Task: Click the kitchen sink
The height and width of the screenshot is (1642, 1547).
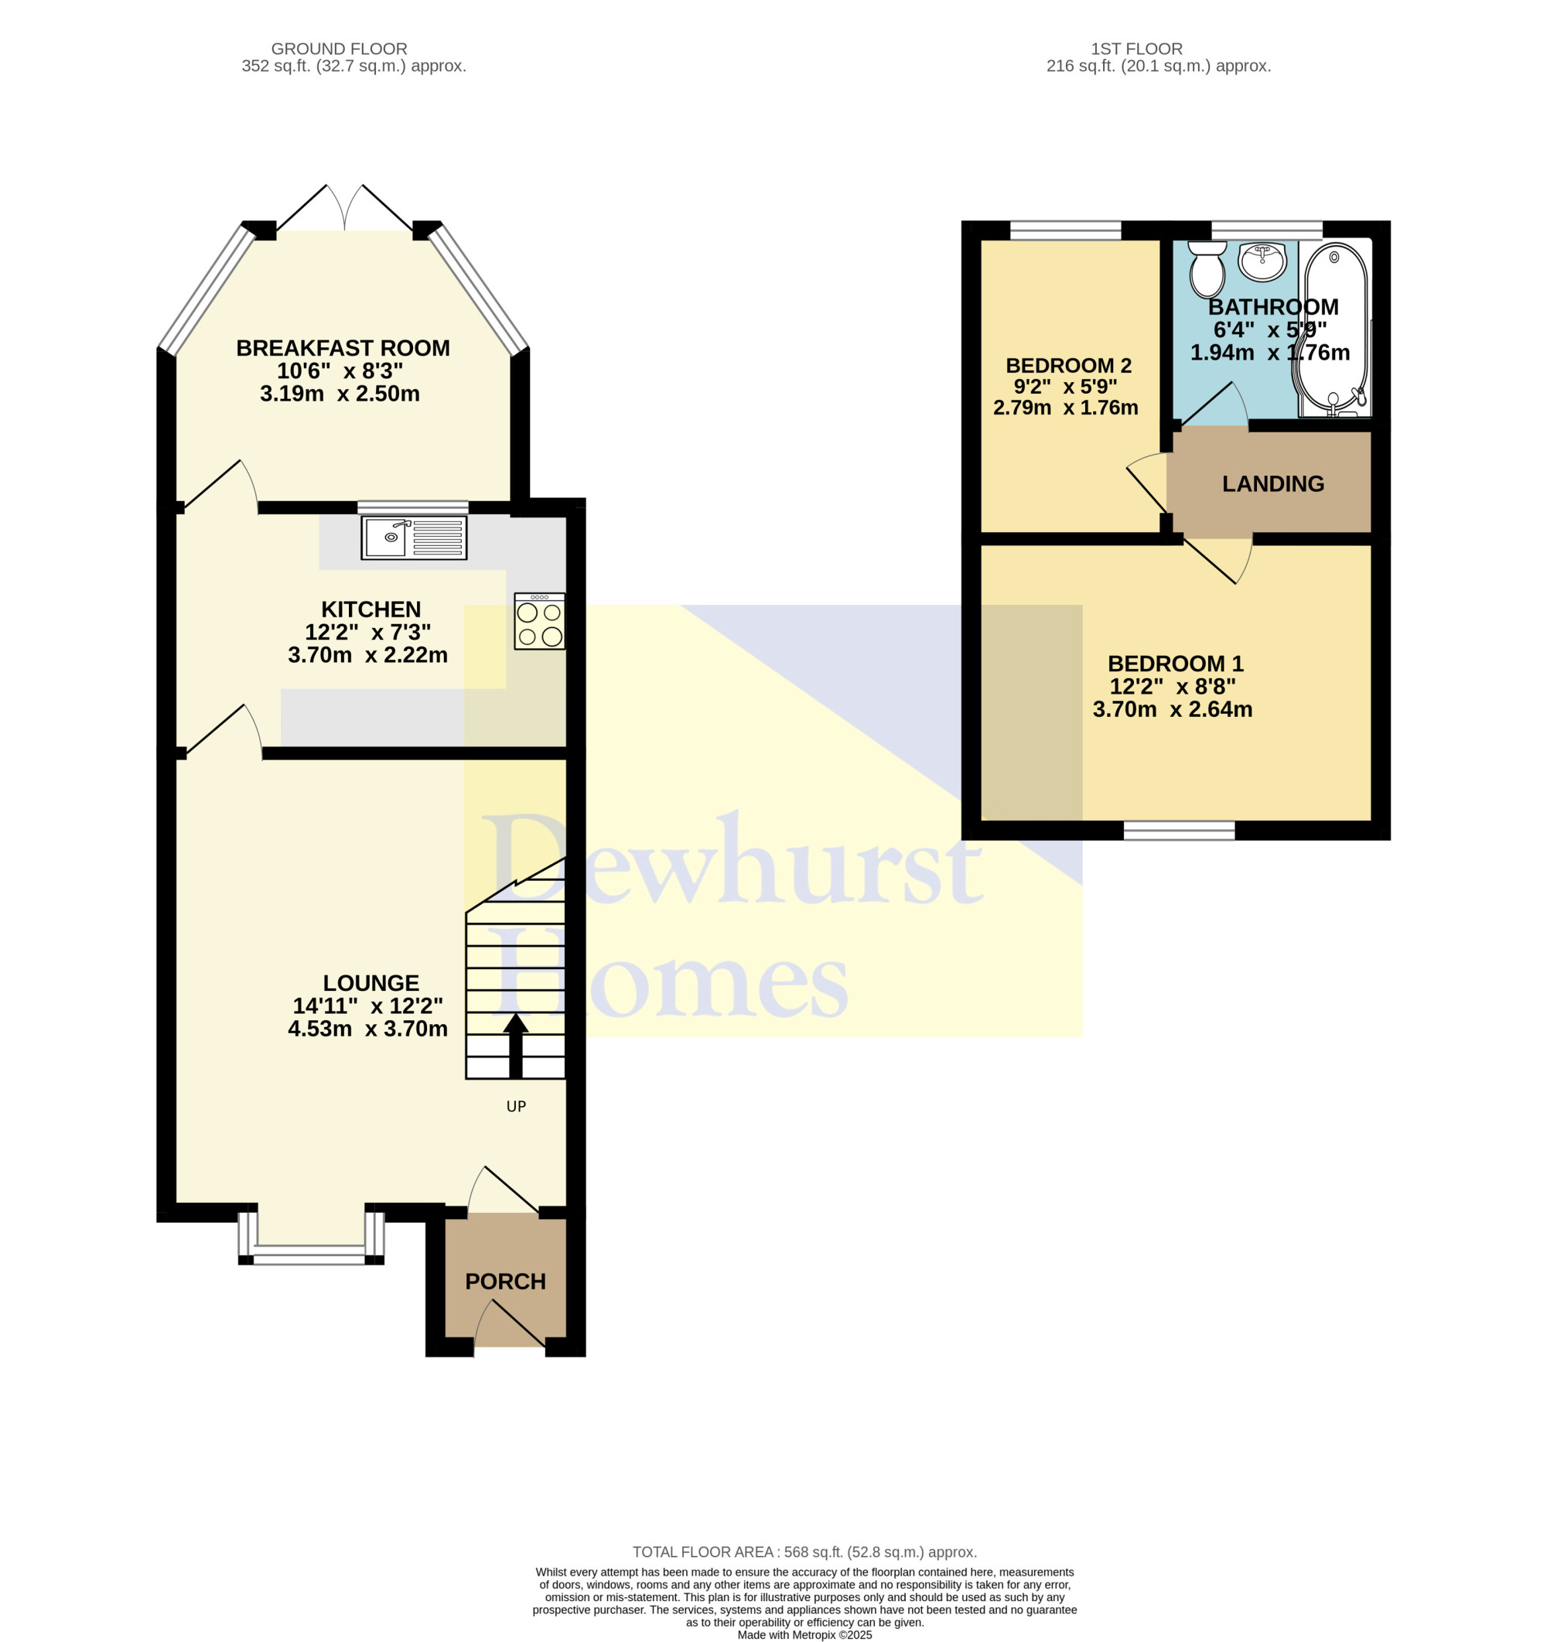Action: pyautogui.click(x=414, y=538)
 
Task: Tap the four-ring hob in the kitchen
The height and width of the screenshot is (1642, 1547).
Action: pyautogui.click(x=539, y=621)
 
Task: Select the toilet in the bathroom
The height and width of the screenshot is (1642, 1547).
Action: pyautogui.click(x=1207, y=268)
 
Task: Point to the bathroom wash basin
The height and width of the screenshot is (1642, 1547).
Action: pyautogui.click(x=1262, y=262)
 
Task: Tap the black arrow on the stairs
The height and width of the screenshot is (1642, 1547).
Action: pyautogui.click(x=516, y=1045)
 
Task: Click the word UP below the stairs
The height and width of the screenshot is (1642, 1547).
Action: pyautogui.click(x=516, y=1106)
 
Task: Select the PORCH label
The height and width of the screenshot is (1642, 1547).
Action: pyautogui.click(x=505, y=1281)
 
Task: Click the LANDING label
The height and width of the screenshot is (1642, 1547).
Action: pyautogui.click(x=1272, y=483)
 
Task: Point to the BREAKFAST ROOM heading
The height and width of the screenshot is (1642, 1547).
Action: pyautogui.click(x=343, y=348)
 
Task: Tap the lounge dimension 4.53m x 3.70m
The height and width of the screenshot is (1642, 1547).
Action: pyautogui.click(x=367, y=1029)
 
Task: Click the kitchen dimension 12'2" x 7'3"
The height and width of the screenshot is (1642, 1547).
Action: pyautogui.click(x=368, y=632)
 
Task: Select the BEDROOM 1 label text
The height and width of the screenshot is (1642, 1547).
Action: pyautogui.click(x=1175, y=664)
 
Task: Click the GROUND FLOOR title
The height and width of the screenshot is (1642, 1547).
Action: pyautogui.click(x=340, y=49)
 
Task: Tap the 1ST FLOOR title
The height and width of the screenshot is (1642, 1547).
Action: pyautogui.click(x=1136, y=49)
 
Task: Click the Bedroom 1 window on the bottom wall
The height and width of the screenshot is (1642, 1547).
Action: pyautogui.click(x=1180, y=830)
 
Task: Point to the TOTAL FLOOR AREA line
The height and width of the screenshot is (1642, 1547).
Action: pyautogui.click(x=804, y=1552)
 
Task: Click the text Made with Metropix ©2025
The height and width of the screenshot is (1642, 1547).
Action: pyautogui.click(x=804, y=1634)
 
